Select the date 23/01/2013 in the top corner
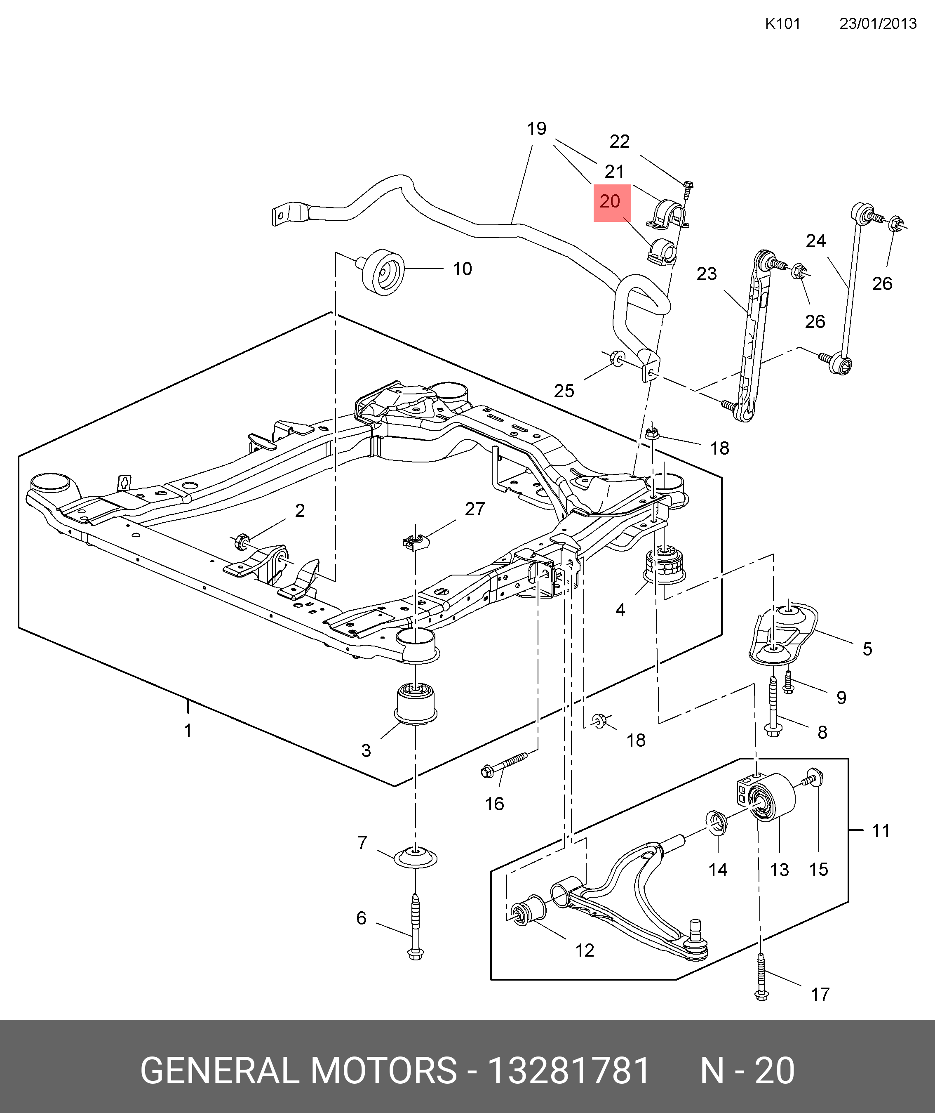click(878, 24)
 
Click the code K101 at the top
click(782, 24)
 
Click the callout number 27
click(475, 509)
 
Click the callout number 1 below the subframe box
click(188, 731)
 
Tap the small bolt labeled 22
click(688, 188)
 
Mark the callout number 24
click(816, 241)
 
